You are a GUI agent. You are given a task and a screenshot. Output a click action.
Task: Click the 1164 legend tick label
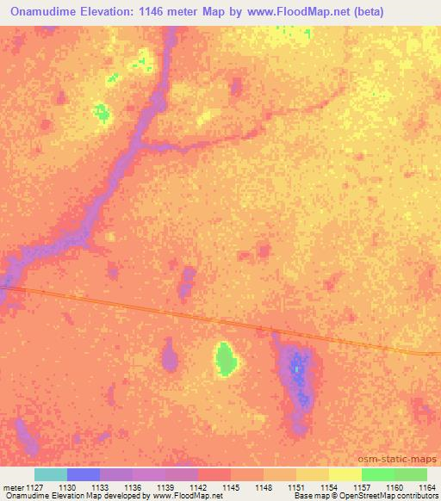click(x=427, y=486)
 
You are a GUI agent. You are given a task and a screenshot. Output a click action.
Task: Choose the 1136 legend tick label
click(x=133, y=486)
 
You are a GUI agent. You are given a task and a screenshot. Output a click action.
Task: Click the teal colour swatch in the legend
click(x=51, y=474)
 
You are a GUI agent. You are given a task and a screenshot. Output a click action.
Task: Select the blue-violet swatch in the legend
click(x=84, y=474)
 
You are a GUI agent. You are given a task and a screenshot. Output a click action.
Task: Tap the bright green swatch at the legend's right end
click(x=411, y=474)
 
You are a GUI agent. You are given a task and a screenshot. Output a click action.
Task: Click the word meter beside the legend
click(x=12, y=486)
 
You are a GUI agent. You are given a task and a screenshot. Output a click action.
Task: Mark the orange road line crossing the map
click(x=215, y=318)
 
